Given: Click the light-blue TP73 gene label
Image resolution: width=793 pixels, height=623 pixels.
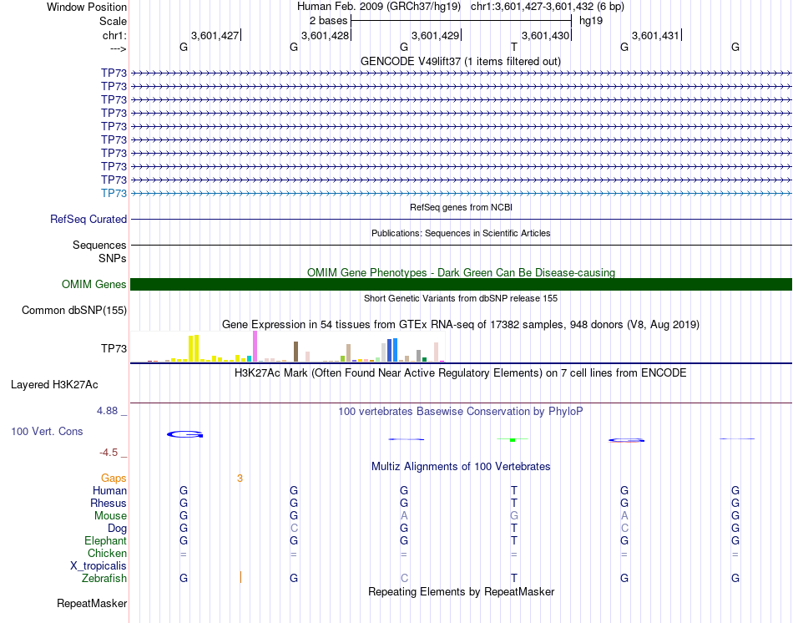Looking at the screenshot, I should (x=114, y=193).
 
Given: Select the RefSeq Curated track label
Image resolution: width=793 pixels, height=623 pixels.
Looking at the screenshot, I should (x=88, y=219).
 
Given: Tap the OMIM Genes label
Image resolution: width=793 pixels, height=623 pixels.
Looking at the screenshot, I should (x=94, y=285).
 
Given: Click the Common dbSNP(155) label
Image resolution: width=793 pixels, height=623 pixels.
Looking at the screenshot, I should (x=74, y=311).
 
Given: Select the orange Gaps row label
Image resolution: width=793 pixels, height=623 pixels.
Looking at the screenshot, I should (x=114, y=479).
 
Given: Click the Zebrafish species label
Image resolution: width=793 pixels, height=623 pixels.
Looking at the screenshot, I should (x=104, y=578).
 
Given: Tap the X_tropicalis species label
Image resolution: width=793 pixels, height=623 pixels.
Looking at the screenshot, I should (x=98, y=565).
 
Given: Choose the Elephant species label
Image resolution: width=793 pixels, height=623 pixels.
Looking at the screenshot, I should (x=105, y=540).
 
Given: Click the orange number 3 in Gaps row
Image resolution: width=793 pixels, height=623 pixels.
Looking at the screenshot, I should (x=240, y=479).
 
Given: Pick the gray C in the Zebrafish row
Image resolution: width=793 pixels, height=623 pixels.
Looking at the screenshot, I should (x=404, y=578).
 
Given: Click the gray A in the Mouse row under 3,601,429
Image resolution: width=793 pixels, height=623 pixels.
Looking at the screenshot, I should (x=404, y=516).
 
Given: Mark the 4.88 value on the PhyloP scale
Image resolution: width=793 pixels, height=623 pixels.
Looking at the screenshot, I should (x=108, y=411).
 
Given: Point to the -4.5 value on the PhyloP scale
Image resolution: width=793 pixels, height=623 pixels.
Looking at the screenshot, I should (x=109, y=453).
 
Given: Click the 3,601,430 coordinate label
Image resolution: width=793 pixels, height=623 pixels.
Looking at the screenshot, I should (x=545, y=35).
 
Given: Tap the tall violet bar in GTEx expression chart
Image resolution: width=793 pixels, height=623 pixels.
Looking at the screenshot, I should (x=255, y=346).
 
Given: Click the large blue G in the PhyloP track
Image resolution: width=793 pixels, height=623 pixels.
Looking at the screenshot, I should (x=184, y=434).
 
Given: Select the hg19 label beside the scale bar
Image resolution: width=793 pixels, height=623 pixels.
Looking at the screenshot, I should (x=591, y=19).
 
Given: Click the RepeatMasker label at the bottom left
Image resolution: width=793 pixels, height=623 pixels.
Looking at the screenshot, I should (x=92, y=603).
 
